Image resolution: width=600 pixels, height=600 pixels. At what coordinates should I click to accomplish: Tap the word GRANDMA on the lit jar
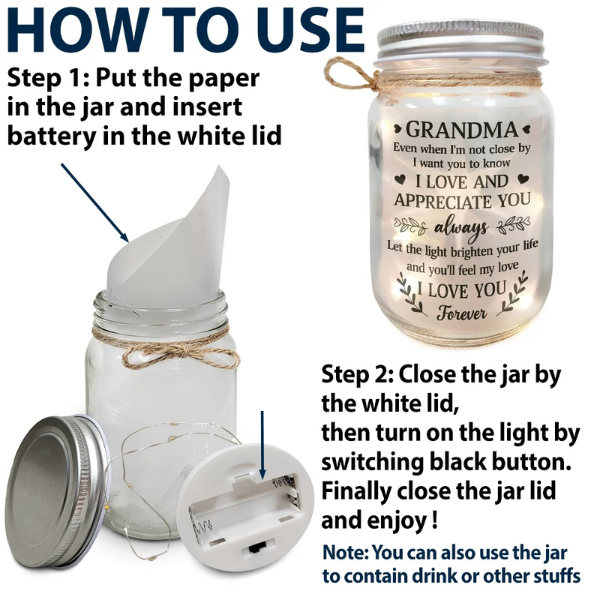[x=463, y=130]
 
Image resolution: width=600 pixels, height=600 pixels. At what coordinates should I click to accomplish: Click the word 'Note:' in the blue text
[x=346, y=553]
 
